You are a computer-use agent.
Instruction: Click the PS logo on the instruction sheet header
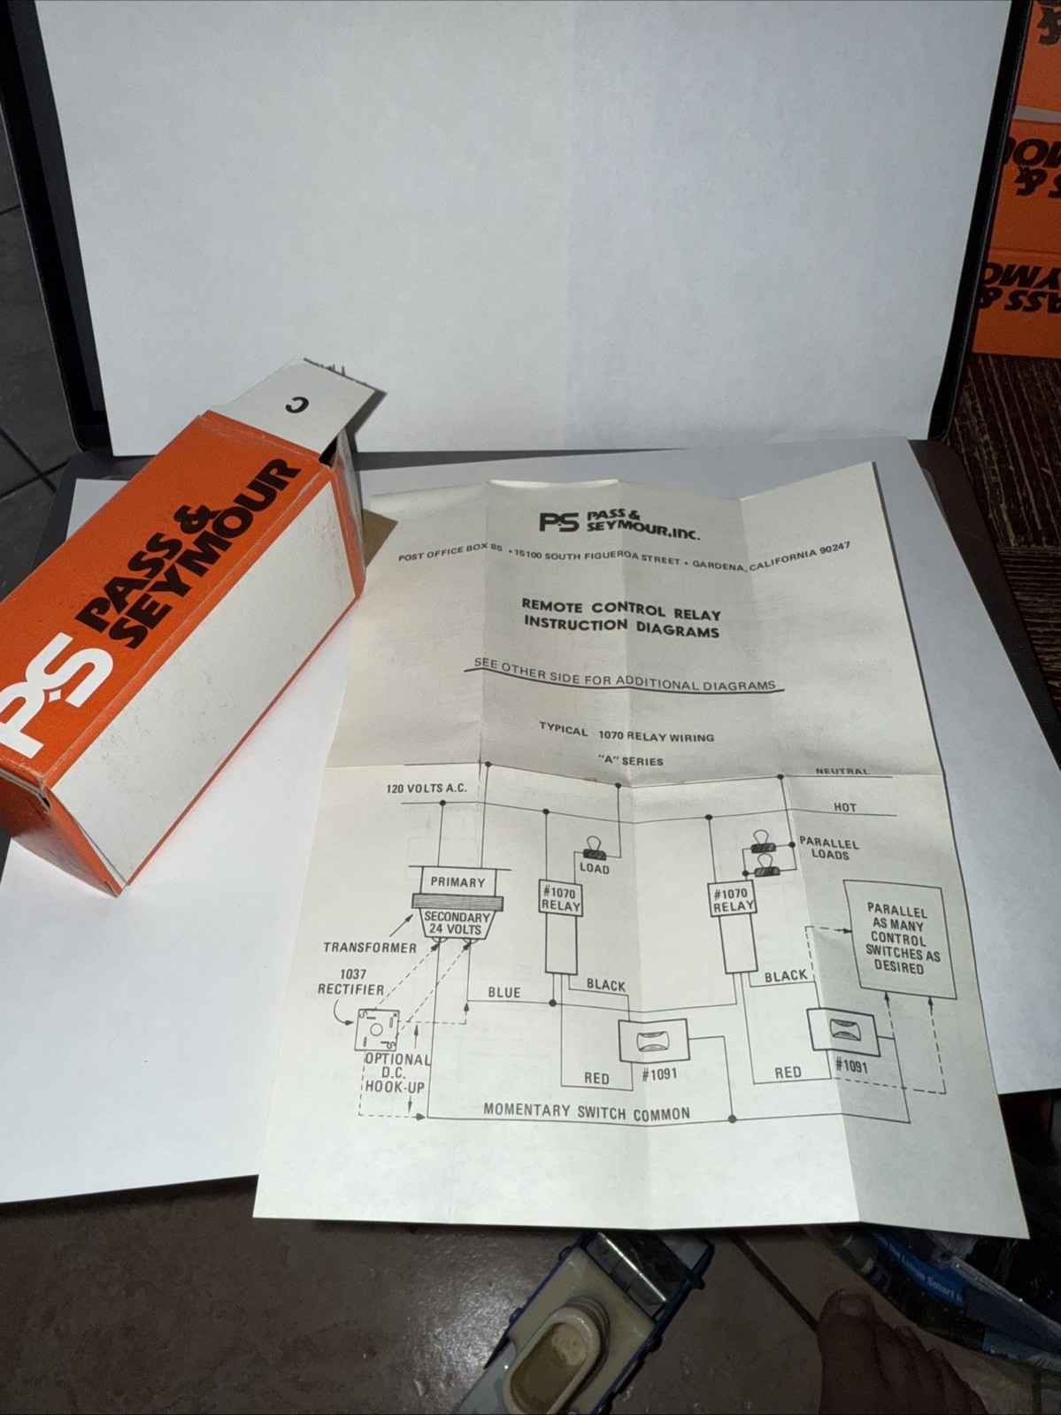click(558, 522)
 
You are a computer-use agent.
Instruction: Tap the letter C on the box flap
click(295, 404)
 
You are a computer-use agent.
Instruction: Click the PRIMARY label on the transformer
click(457, 882)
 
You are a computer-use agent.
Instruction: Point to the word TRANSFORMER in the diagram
click(369, 948)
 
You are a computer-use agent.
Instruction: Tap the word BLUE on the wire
click(504, 993)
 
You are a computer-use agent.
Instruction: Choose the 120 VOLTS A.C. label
click(426, 788)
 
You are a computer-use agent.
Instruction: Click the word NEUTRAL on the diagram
click(842, 772)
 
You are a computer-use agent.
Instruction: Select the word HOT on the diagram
click(845, 807)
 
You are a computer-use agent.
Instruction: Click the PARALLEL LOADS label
click(829, 849)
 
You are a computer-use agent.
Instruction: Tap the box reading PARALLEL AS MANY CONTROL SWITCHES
click(897, 939)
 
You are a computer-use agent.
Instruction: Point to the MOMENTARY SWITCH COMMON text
click(587, 1112)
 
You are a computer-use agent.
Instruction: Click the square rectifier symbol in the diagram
click(377, 1030)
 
